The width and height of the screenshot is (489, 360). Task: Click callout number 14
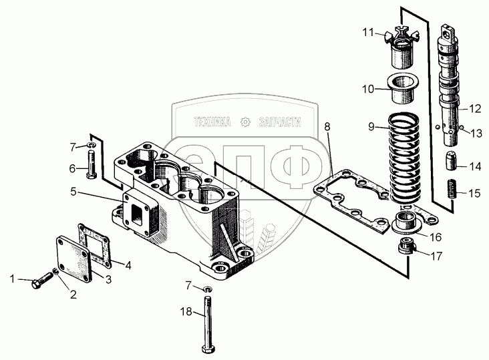pyautogui.click(x=474, y=166)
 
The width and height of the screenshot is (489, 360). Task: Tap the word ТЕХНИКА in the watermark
pyautogui.click(x=212, y=122)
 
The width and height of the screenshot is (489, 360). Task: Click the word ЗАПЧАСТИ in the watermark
pyautogui.click(x=276, y=122)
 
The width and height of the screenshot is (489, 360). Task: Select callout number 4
pyautogui.click(x=128, y=264)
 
